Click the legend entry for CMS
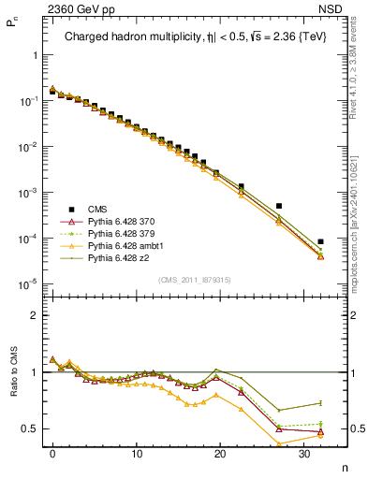pyautogui.click(x=96, y=210)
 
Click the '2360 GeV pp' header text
pyautogui.click(x=79, y=9)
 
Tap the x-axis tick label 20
pyautogui.click(x=220, y=454)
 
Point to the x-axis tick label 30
pyautogui.click(x=303, y=454)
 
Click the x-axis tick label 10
pyautogui.click(x=137, y=454)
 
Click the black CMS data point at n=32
pyautogui.click(x=320, y=241)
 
